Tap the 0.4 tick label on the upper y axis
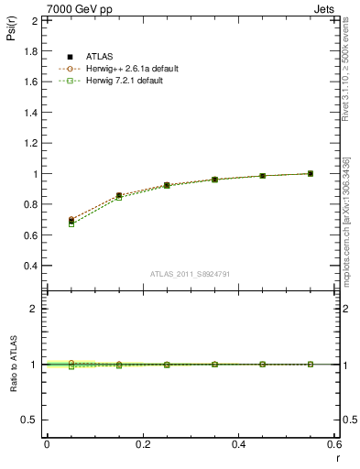tap(30, 266)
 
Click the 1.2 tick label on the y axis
tap(30, 143)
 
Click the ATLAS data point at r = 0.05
tap(71, 222)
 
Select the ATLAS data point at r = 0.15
tap(119, 196)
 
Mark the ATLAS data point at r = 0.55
tap(311, 173)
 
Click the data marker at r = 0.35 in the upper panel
tap(214, 180)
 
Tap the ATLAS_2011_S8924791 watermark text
tap(190, 274)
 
